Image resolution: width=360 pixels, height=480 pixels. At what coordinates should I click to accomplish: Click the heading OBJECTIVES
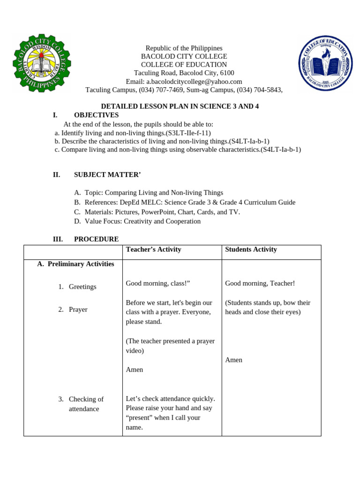click(x=96, y=115)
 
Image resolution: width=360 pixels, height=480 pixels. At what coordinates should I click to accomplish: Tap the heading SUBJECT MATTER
click(x=107, y=175)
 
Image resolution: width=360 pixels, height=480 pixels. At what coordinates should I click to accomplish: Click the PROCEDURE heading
click(x=96, y=239)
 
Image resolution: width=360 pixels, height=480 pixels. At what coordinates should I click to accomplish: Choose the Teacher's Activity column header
click(x=153, y=249)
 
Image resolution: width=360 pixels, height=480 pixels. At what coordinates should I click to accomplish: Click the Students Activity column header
click(x=251, y=249)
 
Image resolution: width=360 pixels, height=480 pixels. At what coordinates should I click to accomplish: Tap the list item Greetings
click(x=82, y=287)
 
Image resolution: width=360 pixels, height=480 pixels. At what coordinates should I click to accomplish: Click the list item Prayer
click(x=78, y=310)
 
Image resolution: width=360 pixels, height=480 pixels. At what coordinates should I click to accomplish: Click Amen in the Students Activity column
click(x=233, y=360)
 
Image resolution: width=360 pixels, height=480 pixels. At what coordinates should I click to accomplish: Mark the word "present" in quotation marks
click(x=140, y=418)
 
